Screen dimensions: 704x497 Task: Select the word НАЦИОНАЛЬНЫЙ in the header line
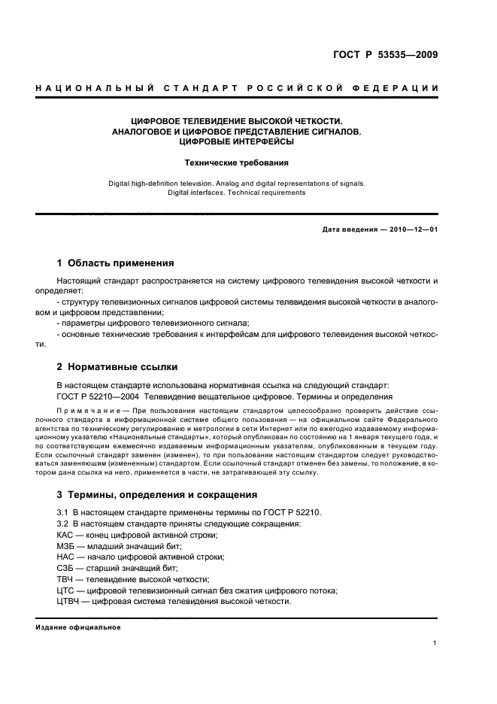pyautogui.click(x=84, y=90)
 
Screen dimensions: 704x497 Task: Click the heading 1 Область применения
pyautogui.click(x=116, y=263)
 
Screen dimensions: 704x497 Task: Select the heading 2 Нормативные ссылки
pyautogui.click(x=117, y=367)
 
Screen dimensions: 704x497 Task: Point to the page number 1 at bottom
pyautogui.click(x=435, y=643)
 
